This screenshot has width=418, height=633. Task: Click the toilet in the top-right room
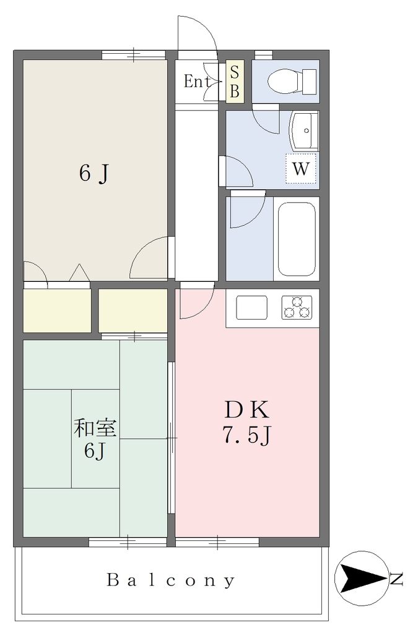[x=292, y=81]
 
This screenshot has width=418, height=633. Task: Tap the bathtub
[x=297, y=239]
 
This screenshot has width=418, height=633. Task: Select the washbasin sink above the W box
[x=303, y=131]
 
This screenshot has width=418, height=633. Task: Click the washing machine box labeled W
[x=300, y=168]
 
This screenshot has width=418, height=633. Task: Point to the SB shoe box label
[x=235, y=82]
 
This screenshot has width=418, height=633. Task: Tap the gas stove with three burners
[x=297, y=307]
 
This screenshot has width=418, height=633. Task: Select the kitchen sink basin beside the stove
[x=251, y=307]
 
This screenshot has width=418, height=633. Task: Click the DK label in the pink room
[x=246, y=411]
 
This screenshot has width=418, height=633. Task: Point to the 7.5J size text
[x=247, y=435]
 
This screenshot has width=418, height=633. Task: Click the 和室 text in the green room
[x=95, y=428]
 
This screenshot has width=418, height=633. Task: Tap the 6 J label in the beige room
[x=94, y=174]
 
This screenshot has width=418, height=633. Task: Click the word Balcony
[x=170, y=580]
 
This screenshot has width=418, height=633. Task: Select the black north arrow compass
[x=362, y=578]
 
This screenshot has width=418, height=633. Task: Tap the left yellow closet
[x=57, y=310]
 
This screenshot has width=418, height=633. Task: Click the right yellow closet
[x=133, y=310]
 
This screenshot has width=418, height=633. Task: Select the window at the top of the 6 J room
[x=133, y=54]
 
